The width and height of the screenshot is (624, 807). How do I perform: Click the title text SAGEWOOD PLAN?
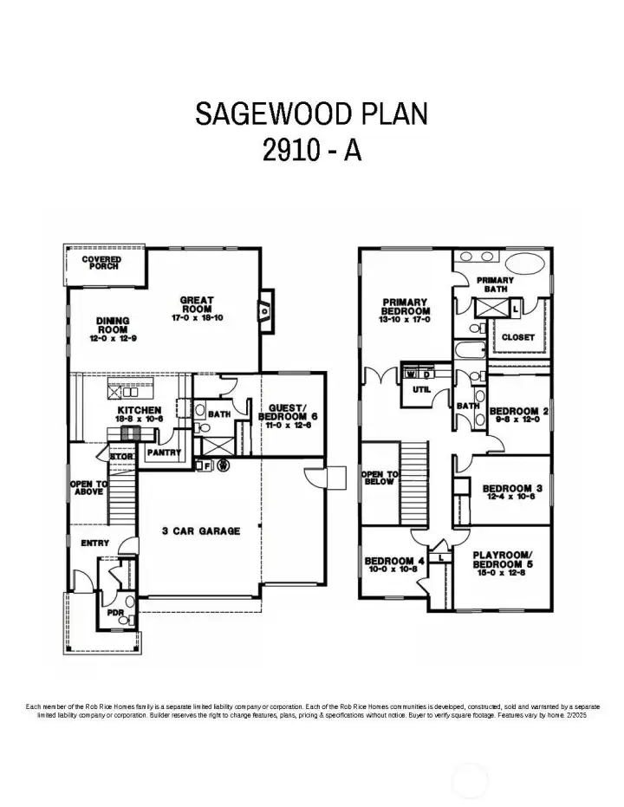pyautogui.click(x=311, y=114)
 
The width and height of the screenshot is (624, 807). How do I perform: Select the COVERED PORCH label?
pyautogui.click(x=101, y=262)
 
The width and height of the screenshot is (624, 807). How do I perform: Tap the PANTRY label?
pyautogui.click(x=164, y=452)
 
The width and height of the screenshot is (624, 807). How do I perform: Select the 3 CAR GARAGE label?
pyautogui.click(x=200, y=530)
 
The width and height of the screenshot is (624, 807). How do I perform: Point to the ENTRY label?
pyautogui.click(x=94, y=543)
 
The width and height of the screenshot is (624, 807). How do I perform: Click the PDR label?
pyautogui.click(x=115, y=613)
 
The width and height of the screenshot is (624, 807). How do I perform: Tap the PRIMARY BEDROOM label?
pyautogui.click(x=406, y=310)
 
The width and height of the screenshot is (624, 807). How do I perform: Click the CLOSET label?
pyautogui.click(x=518, y=337)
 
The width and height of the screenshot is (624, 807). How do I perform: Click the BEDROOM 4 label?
pyautogui.click(x=394, y=564)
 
